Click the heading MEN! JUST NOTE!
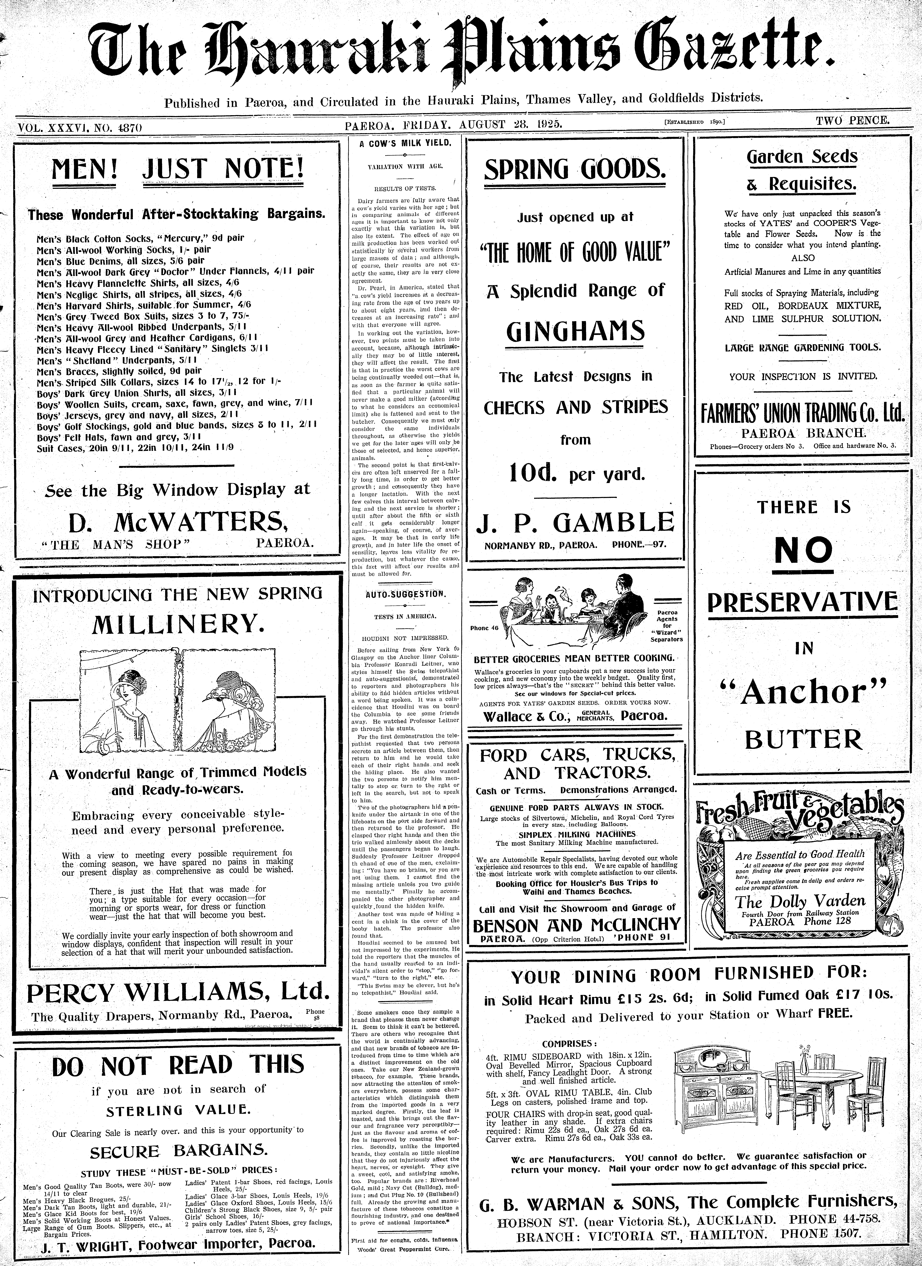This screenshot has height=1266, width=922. coord(178,169)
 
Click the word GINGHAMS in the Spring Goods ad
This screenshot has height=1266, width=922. coord(575,331)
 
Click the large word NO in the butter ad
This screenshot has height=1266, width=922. coord(803,551)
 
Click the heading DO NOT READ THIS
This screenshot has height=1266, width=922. coord(178,1066)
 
